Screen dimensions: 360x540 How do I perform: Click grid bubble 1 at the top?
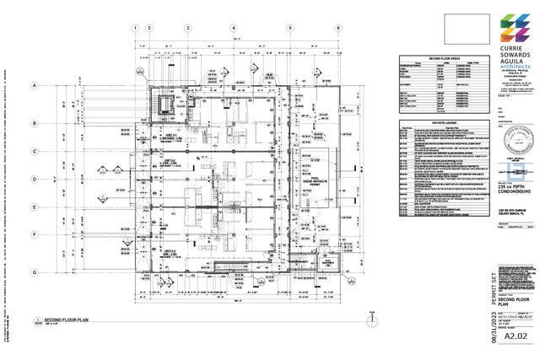click(x=134, y=27)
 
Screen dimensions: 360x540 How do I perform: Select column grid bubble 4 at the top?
click(x=232, y=27)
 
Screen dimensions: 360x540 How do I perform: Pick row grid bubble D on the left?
click(x=35, y=179)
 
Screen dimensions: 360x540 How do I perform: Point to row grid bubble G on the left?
click(x=35, y=271)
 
